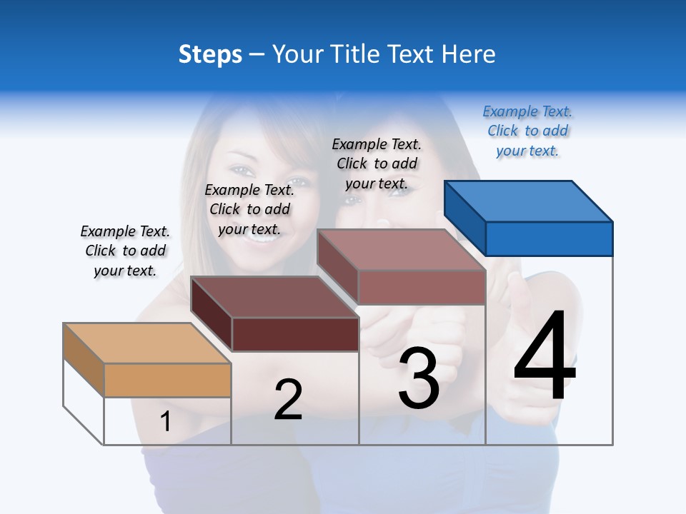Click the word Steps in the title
pos(210,54)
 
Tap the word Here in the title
pos(469,54)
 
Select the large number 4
pos(545,357)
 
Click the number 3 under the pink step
pos(419,378)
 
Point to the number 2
pos(288,399)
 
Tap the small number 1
pos(166,422)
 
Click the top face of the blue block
pos(529,201)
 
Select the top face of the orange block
pos(147,343)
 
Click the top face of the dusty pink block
pos(402,250)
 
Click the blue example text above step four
pos(527,131)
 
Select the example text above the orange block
pos(125,251)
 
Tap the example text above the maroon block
pos(249,209)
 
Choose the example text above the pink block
pos(377,163)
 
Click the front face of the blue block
pos(549,238)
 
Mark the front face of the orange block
pos(167,380)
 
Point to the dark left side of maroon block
pos(212,313)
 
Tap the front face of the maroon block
pos(294,334)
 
